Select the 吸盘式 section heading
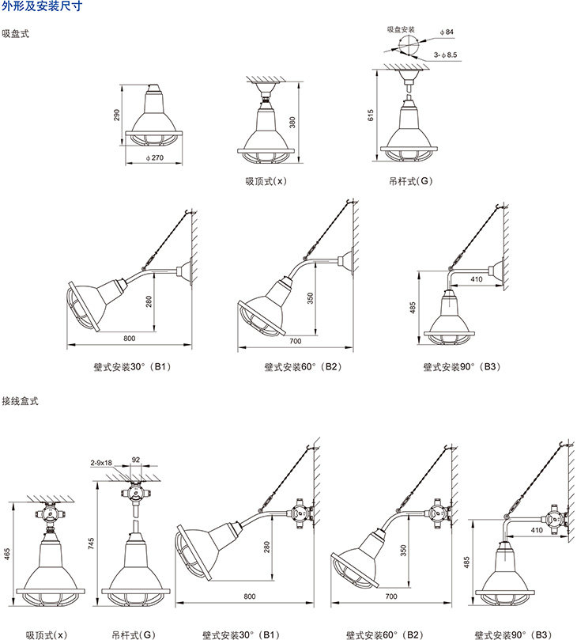click(17, 34)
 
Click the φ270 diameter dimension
click(155, 158)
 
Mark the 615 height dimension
click(371, 116)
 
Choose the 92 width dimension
click(135, 459)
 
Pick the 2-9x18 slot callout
click(102, 461)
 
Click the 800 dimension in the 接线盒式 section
click(250, 595)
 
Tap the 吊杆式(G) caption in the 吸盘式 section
click(411, 181)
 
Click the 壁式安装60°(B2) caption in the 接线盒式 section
click(386, 634)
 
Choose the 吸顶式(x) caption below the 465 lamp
click(47, 634)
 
